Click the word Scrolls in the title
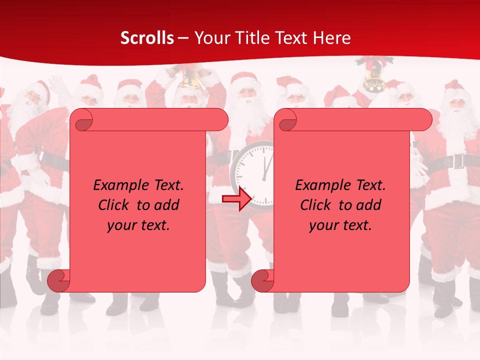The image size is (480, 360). coord(147,38)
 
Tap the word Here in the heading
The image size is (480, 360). coord(332,38)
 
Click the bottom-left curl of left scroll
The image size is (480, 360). coord(58,280)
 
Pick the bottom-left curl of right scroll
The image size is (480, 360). coord(262,280)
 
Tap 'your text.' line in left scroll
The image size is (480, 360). coord(138,225)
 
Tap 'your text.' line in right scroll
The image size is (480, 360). coord(340,225)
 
